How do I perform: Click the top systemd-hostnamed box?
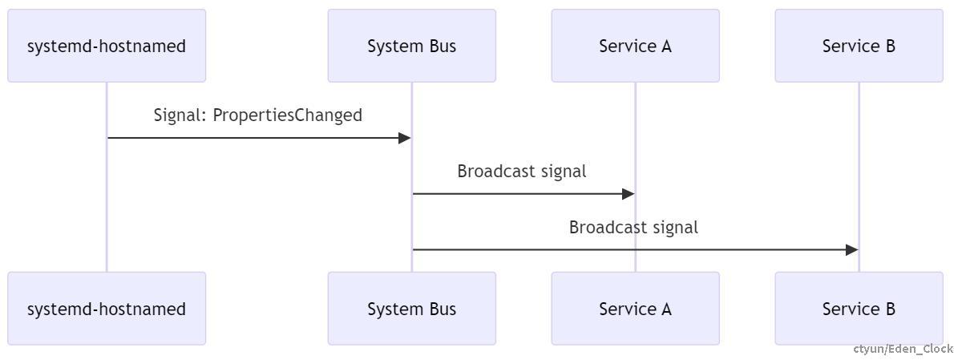[107, 46]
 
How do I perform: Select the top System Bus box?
[411, 46]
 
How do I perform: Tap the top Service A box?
[635, 46]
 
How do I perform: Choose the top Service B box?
[859, 46]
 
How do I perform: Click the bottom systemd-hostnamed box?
[107, 309]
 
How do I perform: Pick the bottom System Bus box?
[411, 309]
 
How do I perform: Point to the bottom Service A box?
[635, 309]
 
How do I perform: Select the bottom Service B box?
[859, 309]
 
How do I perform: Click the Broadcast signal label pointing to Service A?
[522, 172]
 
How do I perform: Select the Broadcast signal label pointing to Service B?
[633, 228]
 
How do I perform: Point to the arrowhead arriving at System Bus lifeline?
[405, 138]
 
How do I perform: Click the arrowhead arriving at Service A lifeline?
[629, 194]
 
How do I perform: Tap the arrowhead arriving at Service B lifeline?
[852, 250]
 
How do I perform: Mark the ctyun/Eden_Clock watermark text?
[903, 349]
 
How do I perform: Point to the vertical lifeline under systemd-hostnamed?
[107, 200]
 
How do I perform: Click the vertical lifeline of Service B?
[859, 160]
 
